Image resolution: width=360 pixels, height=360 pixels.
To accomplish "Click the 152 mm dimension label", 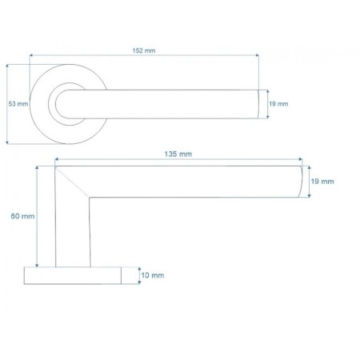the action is point(144,50).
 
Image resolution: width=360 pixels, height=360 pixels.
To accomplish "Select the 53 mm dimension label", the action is point(18,104).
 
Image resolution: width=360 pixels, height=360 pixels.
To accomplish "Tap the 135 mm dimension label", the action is point(178,154).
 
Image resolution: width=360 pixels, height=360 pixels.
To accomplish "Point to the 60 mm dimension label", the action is point(22,216).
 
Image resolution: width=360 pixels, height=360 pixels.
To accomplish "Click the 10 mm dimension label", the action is point(153,275).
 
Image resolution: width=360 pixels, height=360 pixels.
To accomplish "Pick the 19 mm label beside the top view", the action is point(278,104).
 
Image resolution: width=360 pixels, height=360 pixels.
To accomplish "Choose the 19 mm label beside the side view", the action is point(322,182).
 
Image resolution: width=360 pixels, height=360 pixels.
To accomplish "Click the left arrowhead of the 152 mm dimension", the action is point(31,55).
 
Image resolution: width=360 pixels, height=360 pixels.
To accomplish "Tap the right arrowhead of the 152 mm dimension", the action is point(257,55).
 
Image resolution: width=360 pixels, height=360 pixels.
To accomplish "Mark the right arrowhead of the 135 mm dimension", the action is point(301,159).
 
